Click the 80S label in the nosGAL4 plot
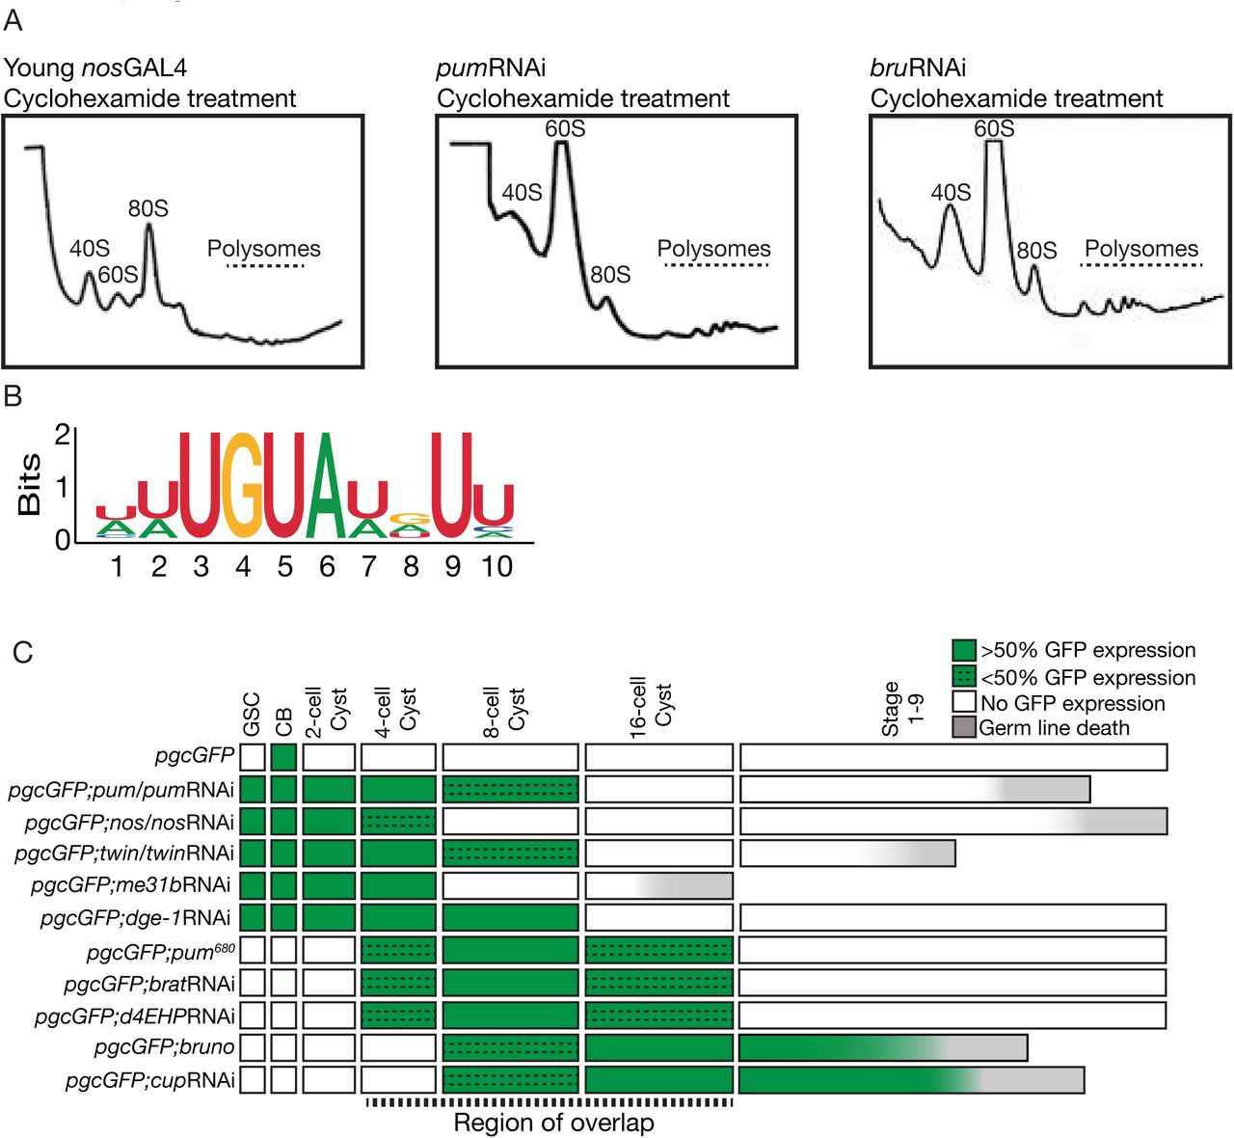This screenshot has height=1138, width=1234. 148,208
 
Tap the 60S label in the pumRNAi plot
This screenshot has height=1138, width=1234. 565,128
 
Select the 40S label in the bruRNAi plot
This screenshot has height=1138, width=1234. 951,193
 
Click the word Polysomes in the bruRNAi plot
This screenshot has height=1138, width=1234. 1141,249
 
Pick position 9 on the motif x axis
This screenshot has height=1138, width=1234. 453,566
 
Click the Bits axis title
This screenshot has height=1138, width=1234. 29,484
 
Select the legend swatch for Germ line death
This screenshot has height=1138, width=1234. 964,727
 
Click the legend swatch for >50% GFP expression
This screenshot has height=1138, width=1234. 964,650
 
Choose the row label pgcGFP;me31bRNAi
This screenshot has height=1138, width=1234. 130,885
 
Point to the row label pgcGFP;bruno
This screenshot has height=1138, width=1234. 164,1046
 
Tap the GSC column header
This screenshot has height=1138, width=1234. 252,715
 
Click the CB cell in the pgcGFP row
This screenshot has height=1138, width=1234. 283,757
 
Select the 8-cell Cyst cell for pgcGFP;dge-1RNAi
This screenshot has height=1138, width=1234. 510,917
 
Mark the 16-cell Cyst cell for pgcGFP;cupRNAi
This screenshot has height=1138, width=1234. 658,1079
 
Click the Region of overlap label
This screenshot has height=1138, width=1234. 553,1123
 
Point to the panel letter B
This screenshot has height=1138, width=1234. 13,396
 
